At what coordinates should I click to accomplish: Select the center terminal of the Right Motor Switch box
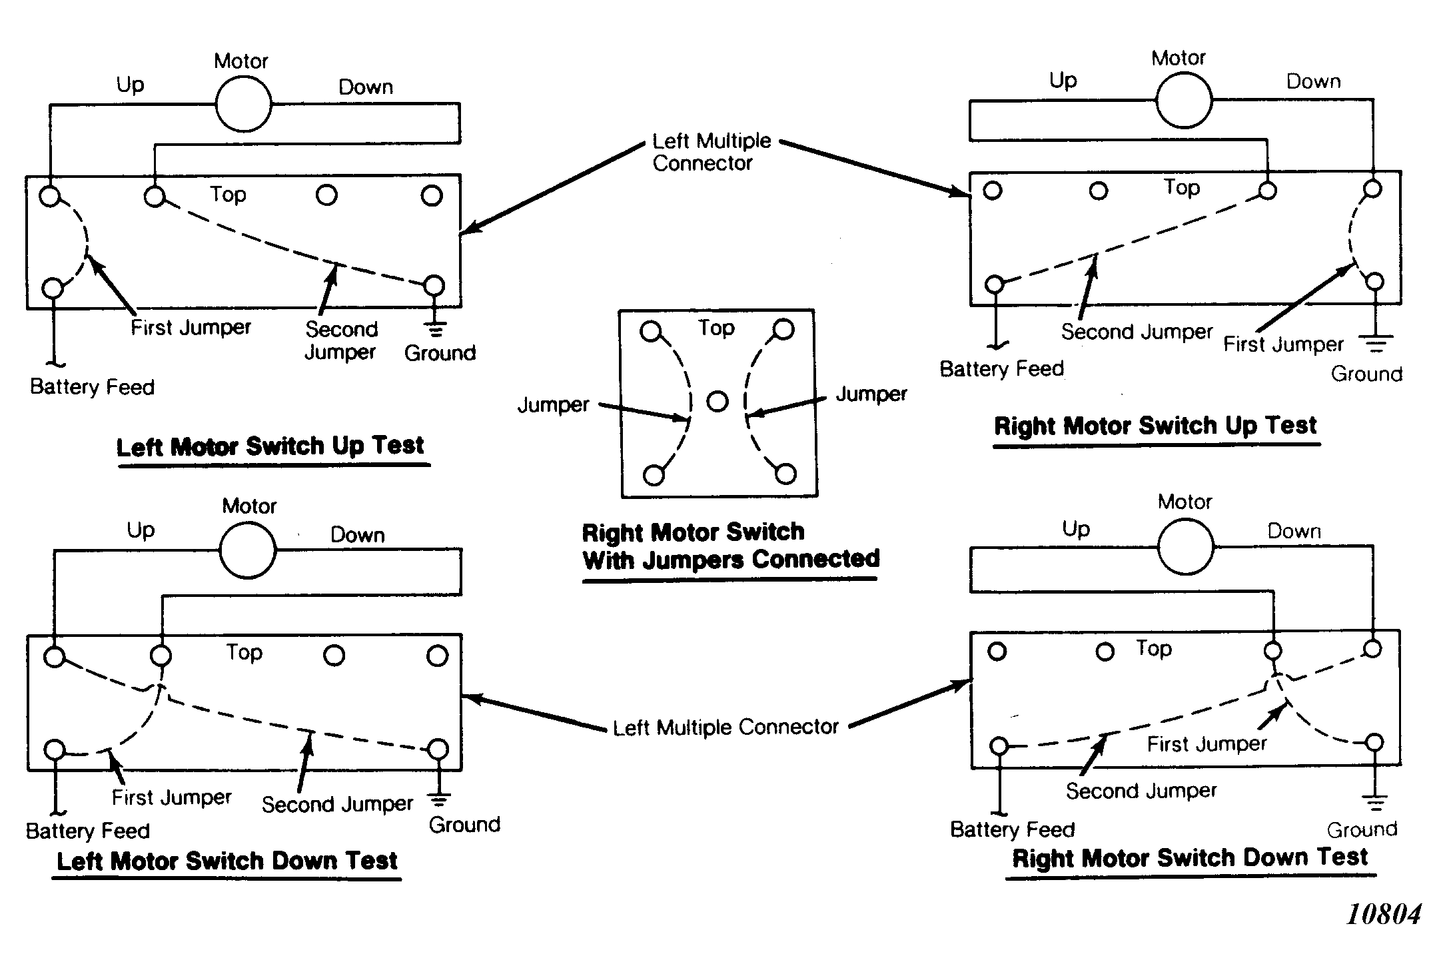click(x=718, y=402)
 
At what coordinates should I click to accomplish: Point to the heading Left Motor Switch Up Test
click(x=270, y=446)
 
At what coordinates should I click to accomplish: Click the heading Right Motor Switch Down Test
click(x=1191, y=857)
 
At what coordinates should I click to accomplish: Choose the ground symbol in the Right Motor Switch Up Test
click(x=1376, y=344)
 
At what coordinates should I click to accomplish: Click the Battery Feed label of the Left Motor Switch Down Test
click(x=88, y=831)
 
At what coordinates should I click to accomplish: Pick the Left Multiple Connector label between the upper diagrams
click(x=711, y=152)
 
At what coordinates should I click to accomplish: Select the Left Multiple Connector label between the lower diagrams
click(x=725, y=727)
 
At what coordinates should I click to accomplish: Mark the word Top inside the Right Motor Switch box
click(x=716, y=328)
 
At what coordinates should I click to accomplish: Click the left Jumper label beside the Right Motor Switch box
click(x=554, y=405)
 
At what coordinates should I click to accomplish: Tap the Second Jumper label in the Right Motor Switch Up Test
click(x=1137, y=331)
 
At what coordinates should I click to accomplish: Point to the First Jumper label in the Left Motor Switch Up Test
click(x=191, y=327)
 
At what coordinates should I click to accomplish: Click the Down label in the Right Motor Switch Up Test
click(x=1313, y=81)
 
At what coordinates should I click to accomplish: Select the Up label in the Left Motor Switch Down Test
click(x=141, y=530)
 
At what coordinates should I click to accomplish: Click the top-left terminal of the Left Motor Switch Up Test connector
click(x=50, y=197)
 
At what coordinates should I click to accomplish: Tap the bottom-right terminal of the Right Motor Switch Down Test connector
click(x=1374, y=742)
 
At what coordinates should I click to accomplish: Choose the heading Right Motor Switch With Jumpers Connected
click(x=731, y=546)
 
